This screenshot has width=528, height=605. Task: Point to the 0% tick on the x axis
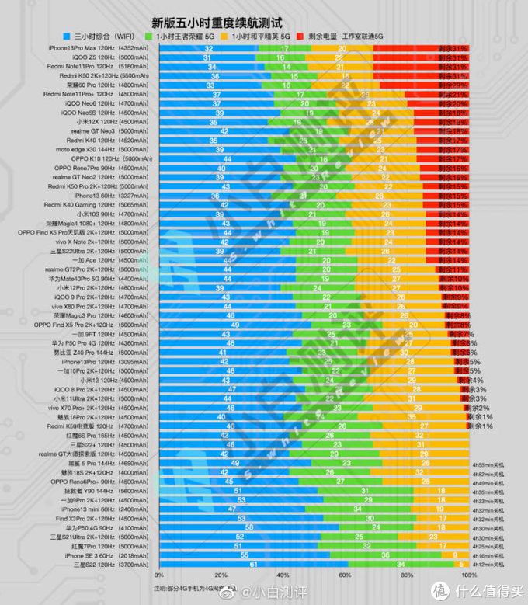point(159,575)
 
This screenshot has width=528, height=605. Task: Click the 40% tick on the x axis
point(283,575)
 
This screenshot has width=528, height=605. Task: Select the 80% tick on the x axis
point(406,575)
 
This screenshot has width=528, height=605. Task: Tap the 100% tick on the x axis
point(467,575)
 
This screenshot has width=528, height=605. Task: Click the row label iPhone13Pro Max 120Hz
point(82,48)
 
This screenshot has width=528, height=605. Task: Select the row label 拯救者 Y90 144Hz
point(89,491)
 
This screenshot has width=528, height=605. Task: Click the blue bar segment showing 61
point(253,565)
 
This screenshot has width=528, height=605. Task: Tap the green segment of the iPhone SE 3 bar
point(385,555)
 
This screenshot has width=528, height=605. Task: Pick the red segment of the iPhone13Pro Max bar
point(420,48)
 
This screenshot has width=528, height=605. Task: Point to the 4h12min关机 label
point(488,565)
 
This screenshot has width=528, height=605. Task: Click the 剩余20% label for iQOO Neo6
point(458,103)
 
